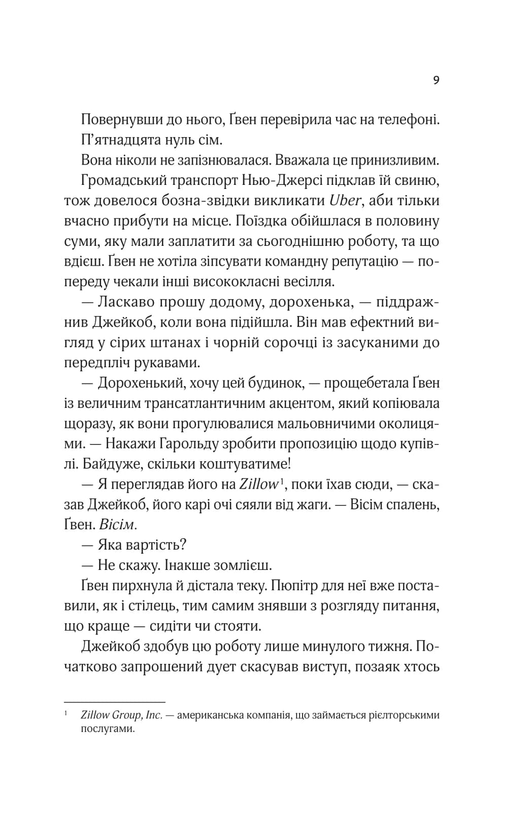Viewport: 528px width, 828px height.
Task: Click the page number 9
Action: pyautogui.click(x=436, y=81)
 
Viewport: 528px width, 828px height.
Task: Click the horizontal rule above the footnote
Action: pyautogui.click(x=115, y=702)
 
